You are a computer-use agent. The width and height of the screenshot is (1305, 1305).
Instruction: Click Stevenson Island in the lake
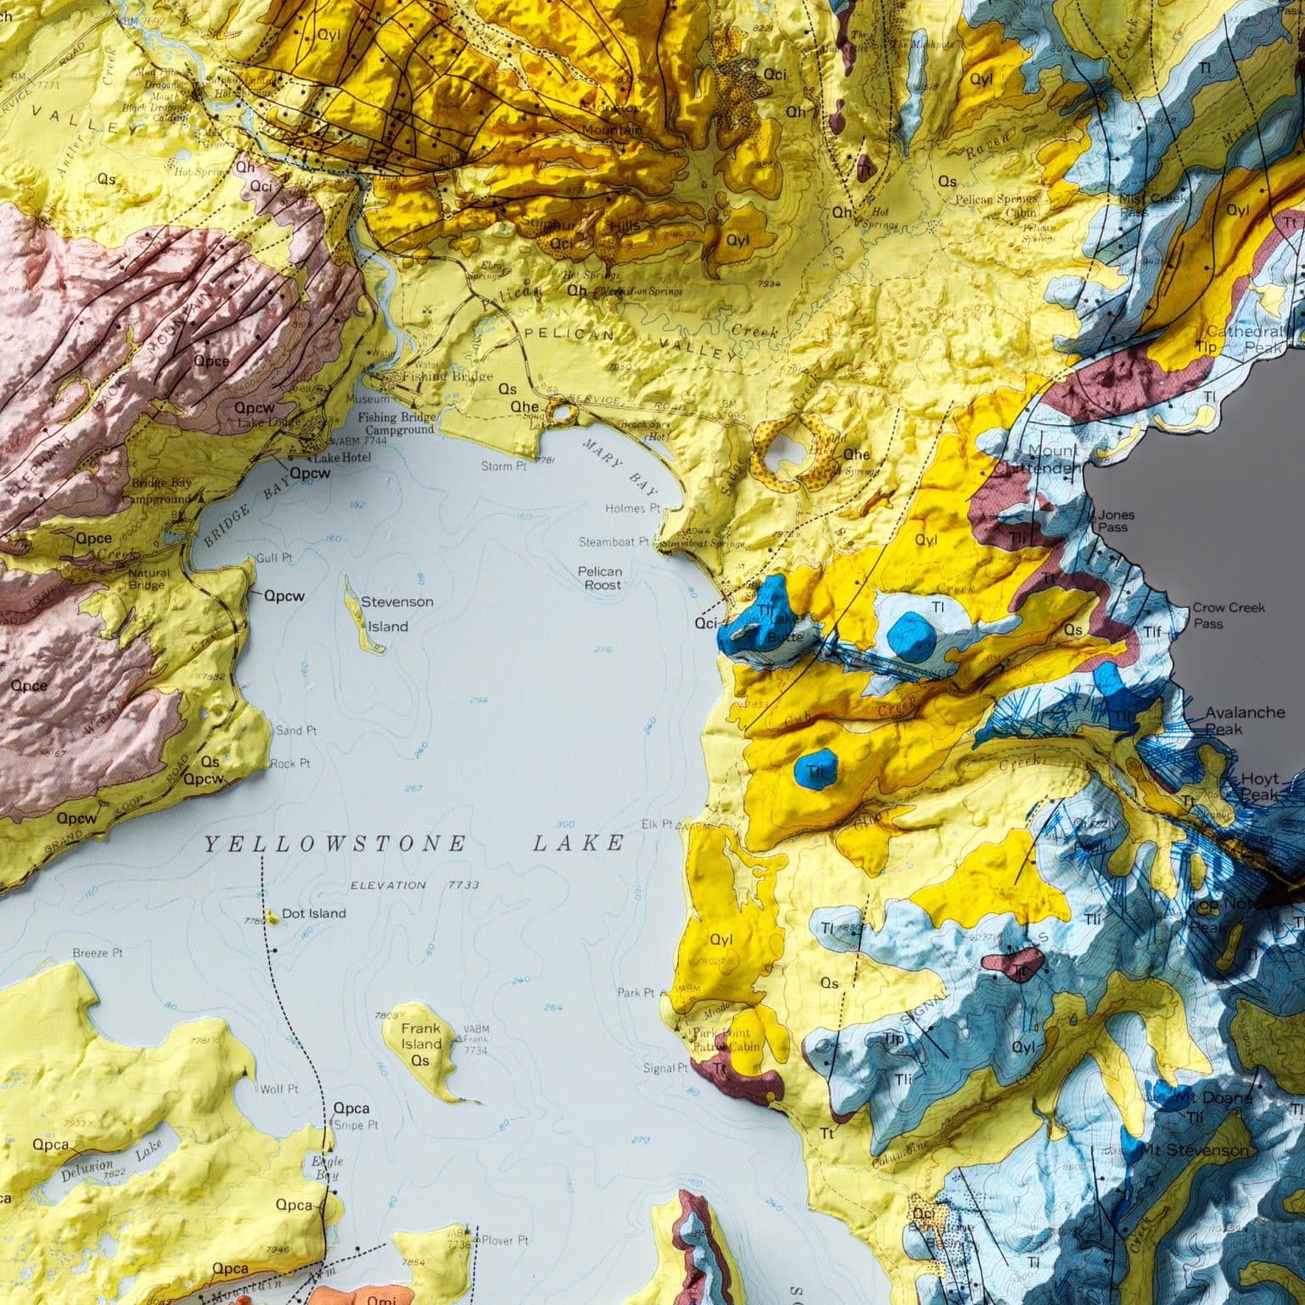363,616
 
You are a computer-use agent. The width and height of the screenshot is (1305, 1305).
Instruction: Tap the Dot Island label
314,913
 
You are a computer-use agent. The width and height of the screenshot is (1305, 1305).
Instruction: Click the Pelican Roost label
601,578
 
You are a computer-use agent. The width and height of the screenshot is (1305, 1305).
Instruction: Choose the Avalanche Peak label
1245,720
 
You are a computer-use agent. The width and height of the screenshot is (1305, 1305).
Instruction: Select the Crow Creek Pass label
1229,615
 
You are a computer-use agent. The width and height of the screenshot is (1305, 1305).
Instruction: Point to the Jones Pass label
1116,521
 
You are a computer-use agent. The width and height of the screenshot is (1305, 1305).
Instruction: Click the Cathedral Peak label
1244,339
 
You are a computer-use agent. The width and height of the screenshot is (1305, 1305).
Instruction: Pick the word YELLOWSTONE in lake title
335,843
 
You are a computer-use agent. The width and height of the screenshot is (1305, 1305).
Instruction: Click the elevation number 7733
463,884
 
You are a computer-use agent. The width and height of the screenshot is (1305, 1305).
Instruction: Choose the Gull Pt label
274,558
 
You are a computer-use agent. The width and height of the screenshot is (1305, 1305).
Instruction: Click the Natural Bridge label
148,579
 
